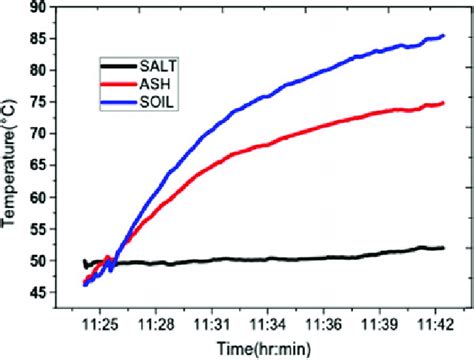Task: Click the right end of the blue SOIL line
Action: tap(442, 36)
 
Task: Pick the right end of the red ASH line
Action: tap(443, 103)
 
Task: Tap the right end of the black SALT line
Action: tap(442, 248)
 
